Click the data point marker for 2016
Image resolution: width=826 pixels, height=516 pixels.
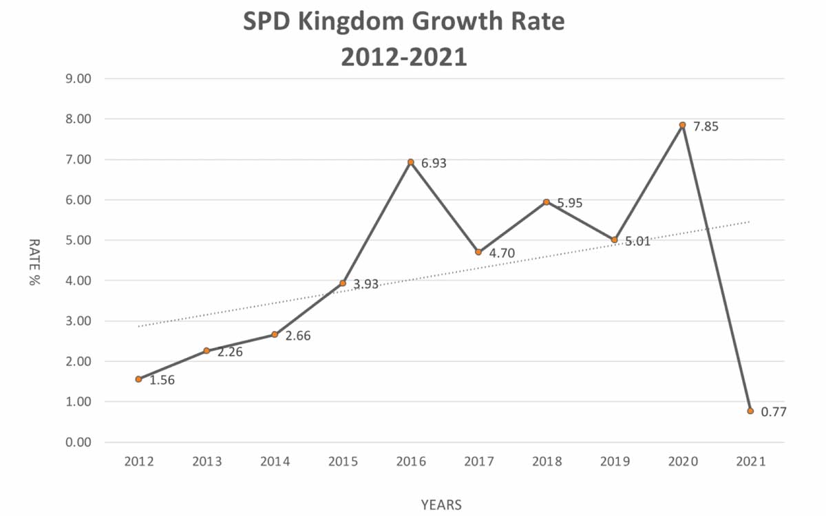click(411, 162)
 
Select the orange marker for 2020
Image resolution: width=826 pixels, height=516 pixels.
click(682, 125)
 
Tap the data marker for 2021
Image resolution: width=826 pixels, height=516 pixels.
click(750, 411)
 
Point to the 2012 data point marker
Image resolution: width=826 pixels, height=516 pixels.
click(138, 379)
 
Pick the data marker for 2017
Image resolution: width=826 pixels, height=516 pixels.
click(478, 252)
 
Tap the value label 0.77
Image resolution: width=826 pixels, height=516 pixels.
click(774, 413)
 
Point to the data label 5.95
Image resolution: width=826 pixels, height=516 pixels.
click(569, 204)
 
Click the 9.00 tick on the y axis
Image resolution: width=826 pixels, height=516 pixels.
click(79, 78)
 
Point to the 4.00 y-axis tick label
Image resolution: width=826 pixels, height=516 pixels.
click(79, 281)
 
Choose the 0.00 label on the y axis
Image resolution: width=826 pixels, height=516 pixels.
click(79, 442)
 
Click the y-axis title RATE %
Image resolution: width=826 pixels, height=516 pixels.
click(34, 264)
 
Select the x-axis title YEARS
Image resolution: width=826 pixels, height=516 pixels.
click(441, 505)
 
